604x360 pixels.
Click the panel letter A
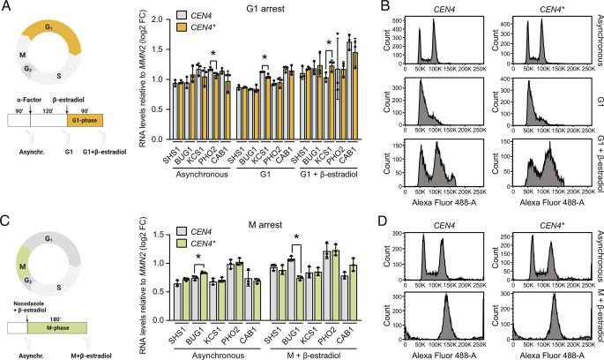coord(6,7)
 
